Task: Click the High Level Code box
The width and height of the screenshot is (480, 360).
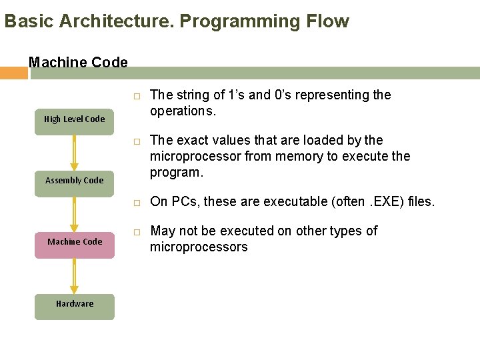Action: tap(74, 119)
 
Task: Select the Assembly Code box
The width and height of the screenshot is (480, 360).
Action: tap(74, 181)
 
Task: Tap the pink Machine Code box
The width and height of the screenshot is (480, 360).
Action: tap(74, 242)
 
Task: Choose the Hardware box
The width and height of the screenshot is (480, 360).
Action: tap(74, 304)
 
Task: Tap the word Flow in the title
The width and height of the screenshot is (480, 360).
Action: tap(327, 21)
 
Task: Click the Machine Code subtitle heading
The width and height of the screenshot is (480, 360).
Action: tap(78, 63)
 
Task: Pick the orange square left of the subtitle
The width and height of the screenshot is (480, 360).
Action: tap(13, 73)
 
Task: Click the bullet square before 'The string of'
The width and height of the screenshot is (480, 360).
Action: tap(135, 97)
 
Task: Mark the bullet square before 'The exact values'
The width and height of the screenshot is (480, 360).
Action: tap(135, 143)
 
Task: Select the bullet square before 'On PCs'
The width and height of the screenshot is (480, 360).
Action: tap(135, 203)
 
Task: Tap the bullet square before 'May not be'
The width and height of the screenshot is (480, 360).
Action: tap(135, 233)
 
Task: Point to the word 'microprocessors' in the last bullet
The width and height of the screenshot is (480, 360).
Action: tap(199, 247)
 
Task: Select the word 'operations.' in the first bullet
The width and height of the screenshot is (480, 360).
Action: tap(183, 111)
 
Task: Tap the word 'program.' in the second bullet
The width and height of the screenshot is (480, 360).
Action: tap(175, 173)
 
